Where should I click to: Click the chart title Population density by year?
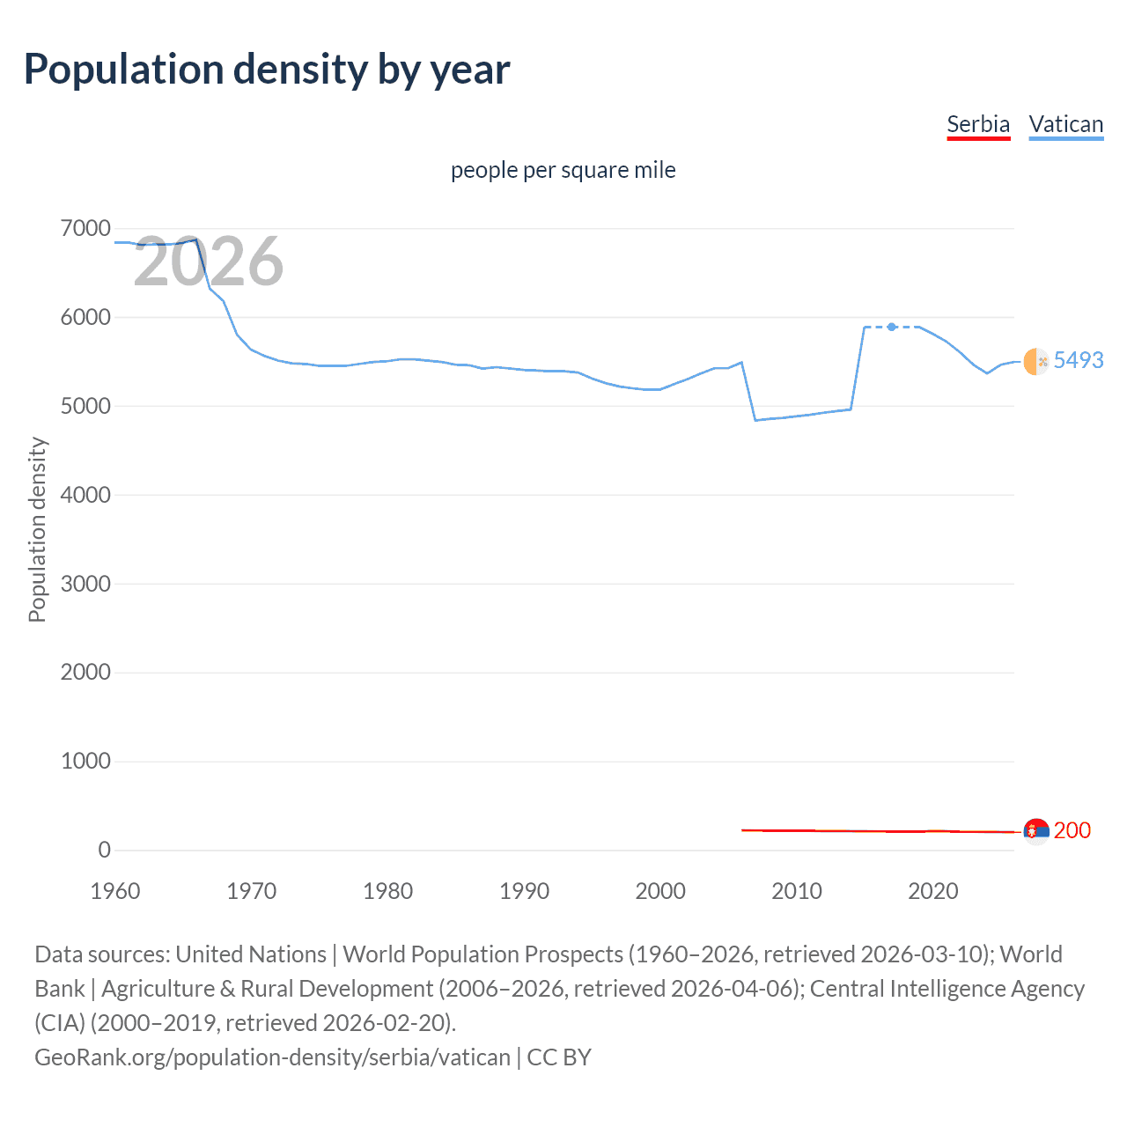(x=267, y=70)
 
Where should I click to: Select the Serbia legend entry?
(x=977, y=124)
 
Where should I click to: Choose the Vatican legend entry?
(x=1065, y=124)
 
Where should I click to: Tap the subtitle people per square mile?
(x=563, y=170)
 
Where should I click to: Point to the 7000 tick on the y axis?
(x=85, y=229)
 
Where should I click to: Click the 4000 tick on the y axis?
(x=85, y=495)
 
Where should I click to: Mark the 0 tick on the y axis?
(x=104, y=850)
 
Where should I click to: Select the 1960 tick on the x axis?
(x=115, y=891)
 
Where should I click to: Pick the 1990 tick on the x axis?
(x=524, y=891)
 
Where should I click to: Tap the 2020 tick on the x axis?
(x=932, y=891)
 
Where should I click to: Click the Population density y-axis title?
(x=37, y=530)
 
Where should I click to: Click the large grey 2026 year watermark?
(x=209, y=261)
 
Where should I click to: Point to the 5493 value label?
(x=1078, y=360)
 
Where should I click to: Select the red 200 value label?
(x=1072, y=830)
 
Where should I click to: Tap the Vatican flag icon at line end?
(x=1036, y=361)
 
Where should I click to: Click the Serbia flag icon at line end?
(x=1036, y=831)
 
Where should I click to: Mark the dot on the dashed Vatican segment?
(x=891, y=327)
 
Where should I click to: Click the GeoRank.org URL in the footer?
(x=272, y=1057)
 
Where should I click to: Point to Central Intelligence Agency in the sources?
(x=947, y=988)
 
